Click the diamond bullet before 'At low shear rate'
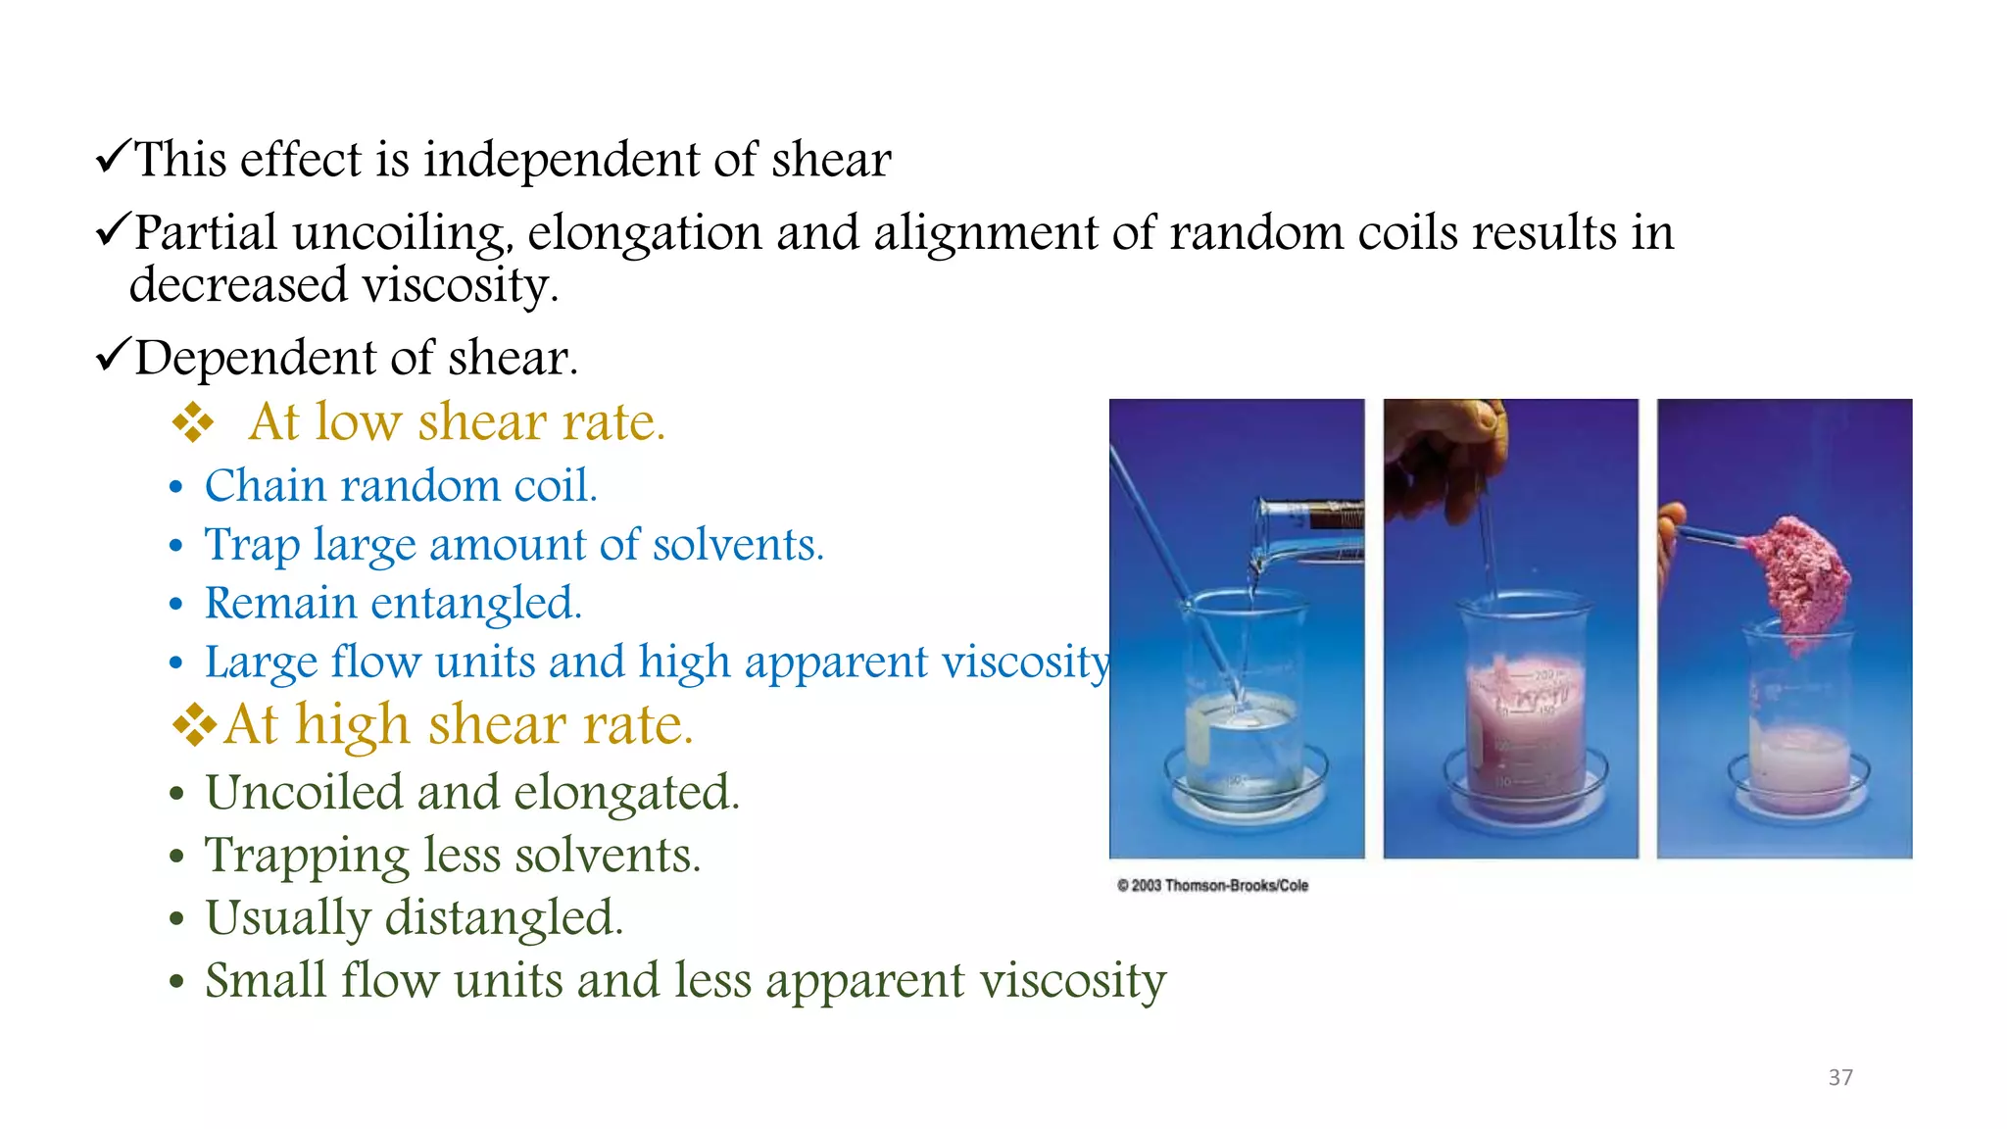click(x=193, y=422)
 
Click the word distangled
click(x=504, y=918)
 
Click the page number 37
click(x=1839, y=1078)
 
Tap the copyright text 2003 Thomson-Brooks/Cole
click(x=1212, y=886)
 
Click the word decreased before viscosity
click(x=238, y=286)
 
